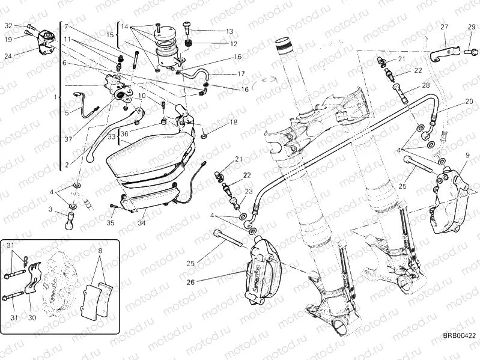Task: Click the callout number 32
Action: click(x=8, y=26)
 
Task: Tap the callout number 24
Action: click(x=8, y=56)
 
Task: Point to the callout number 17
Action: click(x=241, y=73)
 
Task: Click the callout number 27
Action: click(x=444, y=26)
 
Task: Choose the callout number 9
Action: click(x=467, y=156)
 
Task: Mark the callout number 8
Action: click(x=100, y=251)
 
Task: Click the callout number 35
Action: click(x=111, y=222)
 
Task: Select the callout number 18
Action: click(x=233, y=122)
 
